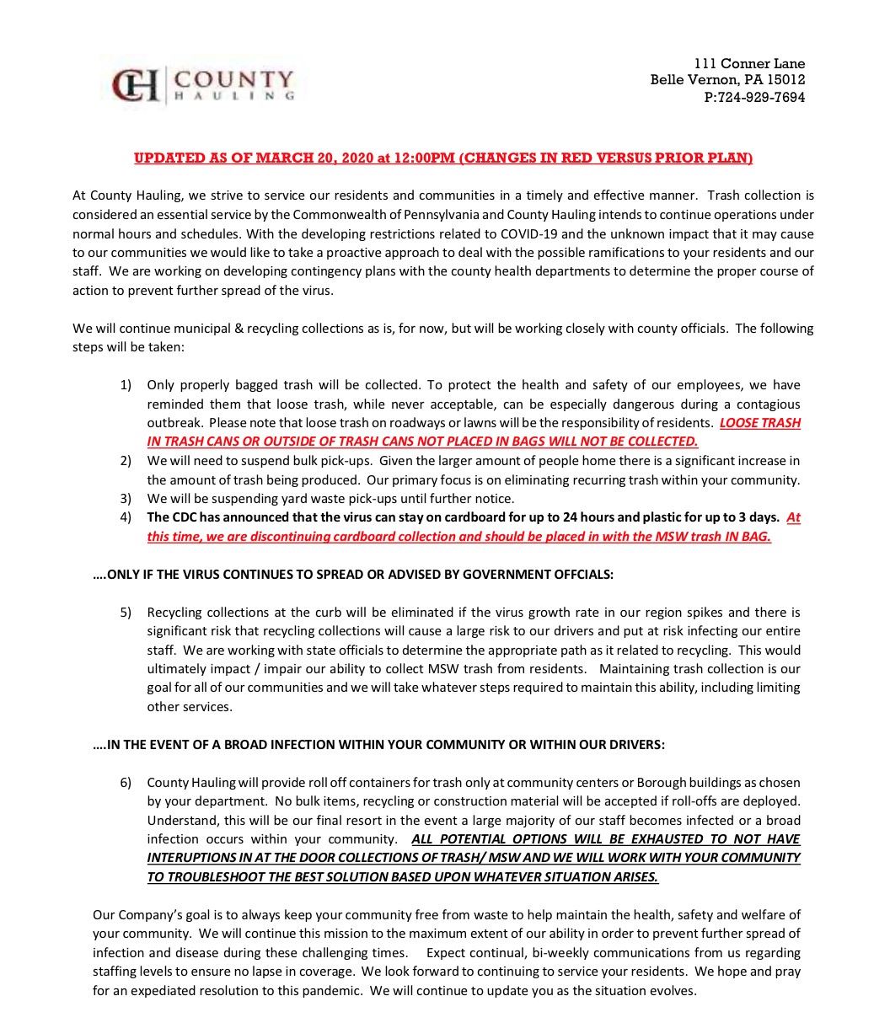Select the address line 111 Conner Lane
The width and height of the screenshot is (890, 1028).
coord(749,63)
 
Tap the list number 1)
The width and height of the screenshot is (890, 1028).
coord(126,385)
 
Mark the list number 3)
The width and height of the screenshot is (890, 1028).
coord(126,499)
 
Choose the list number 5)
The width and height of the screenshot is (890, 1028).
coord(126,612)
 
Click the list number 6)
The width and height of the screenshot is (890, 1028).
coord(126,783)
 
